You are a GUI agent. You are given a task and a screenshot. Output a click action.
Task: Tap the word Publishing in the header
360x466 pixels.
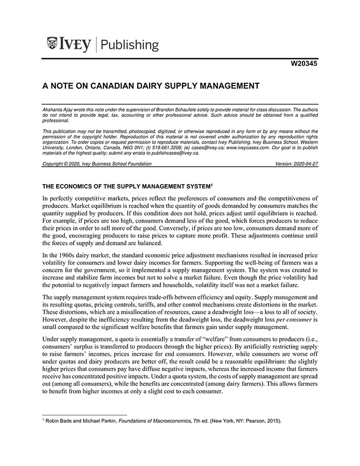click(130, 45)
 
